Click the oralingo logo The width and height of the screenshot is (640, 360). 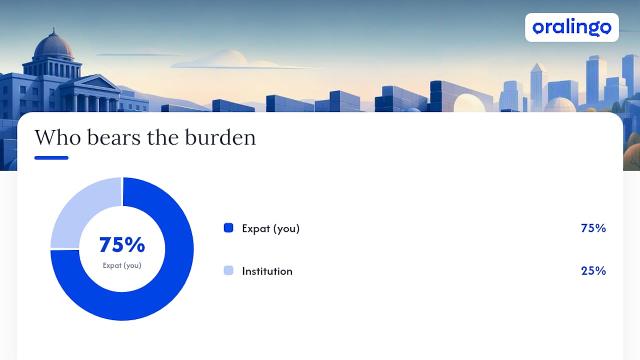pyautogui.click(x=571, y=27)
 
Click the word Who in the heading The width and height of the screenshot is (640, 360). pyautogui.click(x=57, y=137)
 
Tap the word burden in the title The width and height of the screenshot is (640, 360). pyautogui.click(x=220, y=137)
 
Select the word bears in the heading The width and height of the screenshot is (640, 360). pyautogui.click(x=114, y=137)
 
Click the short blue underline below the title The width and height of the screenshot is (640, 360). pyautogui.click(x=51, y=157)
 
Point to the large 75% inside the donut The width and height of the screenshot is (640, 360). pyautogui.click(x=122, y=245)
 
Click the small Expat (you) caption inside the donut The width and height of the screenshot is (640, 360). pyautogui.click(x=122, y=265)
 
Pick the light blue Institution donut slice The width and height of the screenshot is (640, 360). pyautogui.click(x=77, y=205)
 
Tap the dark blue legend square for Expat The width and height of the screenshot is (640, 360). pyautogui.click(x=228, y=228)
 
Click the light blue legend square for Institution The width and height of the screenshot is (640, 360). pyautogui.click(x=228, y=270)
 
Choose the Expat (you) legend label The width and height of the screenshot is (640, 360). pyautogui.click(x=270, y=228)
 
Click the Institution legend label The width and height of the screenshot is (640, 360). pyautogui.click(x=267, y=271)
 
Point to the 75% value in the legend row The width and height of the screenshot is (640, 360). pyautogui.click(x=593, y=228)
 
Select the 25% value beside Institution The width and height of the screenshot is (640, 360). pyautogui.click(x=593, y=270)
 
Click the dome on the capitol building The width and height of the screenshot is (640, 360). pyautogui.click(x=54, y=45)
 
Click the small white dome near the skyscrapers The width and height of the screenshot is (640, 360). pyautogui.click(x=559, y=104)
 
